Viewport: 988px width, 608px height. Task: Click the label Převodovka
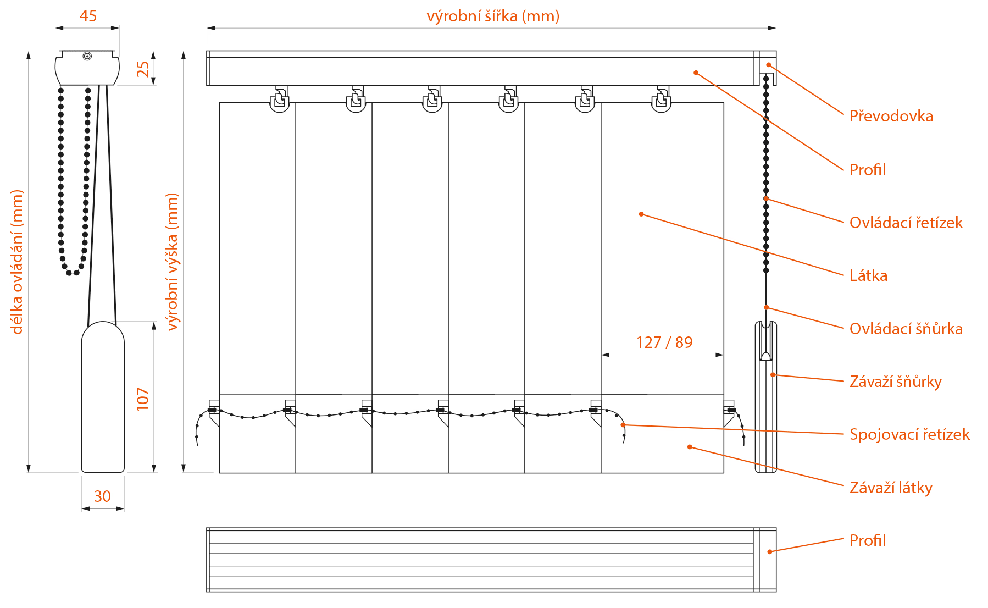tap(891, 116)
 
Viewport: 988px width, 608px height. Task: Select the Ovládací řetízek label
tap(906, 223)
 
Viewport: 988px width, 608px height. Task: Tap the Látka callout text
tap(868, 275)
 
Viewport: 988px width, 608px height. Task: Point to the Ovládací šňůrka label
tap(906, 329)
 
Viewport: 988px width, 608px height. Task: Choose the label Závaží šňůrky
tap(896, 382)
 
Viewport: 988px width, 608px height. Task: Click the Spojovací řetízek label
tap(909, 434)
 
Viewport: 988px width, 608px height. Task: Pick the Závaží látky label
tap(891, 488)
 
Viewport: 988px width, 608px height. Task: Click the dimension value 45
tap(88, 16)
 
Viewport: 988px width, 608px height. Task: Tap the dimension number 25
tap(142, 69)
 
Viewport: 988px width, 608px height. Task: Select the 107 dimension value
tap(142, 399)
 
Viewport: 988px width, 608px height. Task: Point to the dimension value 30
tap(102, 496)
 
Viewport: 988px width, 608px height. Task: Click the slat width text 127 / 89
tap(664, 342)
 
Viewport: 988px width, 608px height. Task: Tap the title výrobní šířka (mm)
tap(493, 16)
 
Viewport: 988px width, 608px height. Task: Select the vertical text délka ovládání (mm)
tap(17, 262)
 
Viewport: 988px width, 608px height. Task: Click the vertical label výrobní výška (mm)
tap(172, 262)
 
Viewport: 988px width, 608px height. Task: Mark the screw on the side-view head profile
tap(87, 56)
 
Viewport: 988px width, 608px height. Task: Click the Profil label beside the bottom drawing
tap(868, 540)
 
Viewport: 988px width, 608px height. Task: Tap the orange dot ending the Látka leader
tap(641, 214)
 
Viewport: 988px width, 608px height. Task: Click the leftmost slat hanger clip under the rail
tap(280, 100)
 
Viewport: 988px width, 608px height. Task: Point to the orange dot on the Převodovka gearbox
tap(769, 65)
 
